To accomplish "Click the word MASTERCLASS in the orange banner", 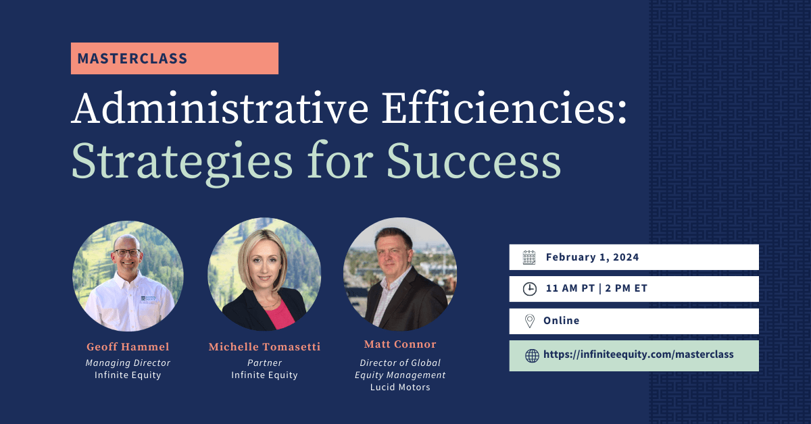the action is click(x=132, y=59).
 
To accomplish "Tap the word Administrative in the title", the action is click(x=220, y=109).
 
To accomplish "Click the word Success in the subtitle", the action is click(x=474, y=161).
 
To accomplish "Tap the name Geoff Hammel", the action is click(x=128, y=346).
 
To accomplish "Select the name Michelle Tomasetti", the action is click(x=264, y=346).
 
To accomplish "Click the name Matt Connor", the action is click(x=400, y=344).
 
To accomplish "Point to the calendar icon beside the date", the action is click(x=529, y=257).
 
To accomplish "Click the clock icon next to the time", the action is click(x=530, y=289).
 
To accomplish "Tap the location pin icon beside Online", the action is click(x=530, y=321).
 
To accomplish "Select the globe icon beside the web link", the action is click(x=532, y=356).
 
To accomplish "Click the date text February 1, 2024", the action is click(x=592, y=257).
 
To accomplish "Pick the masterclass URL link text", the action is click(x=638, y=354).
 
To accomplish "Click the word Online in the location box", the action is click(x=561, y=321).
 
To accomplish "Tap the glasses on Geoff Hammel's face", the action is click(x=127, y=253).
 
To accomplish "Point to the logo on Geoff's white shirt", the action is click(x=149, y=298).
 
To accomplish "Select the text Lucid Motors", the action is click(x=400, y=387).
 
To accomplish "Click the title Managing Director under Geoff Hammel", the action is click(x=128, y=363).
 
